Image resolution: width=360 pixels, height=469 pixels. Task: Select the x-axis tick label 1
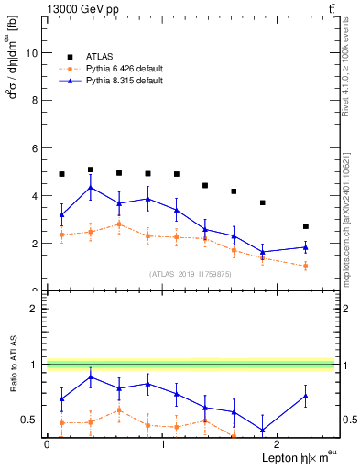pos(163,443)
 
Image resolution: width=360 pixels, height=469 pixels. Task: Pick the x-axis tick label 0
pos(47,443)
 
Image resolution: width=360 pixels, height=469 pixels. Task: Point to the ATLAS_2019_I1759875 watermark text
pos(191,274)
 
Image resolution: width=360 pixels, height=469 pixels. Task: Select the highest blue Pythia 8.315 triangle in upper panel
pos(90,188)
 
